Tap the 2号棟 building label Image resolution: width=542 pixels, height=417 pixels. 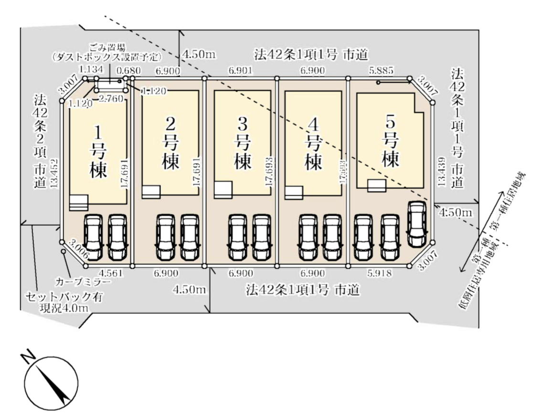tap(171, 145)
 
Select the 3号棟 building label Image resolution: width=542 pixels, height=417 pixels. tap(242, 145)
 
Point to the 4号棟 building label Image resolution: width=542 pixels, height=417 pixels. tap(313, 145)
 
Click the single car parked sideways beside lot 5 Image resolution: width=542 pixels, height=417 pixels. tap(417, 223)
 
